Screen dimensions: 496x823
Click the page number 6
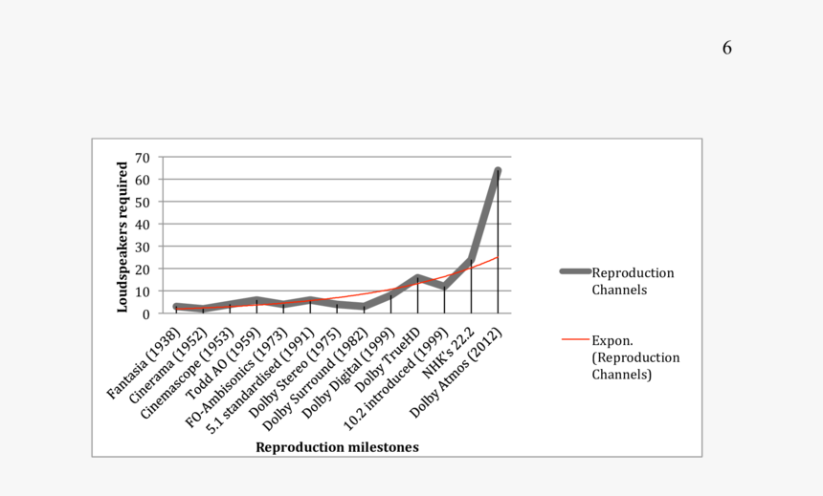pyautogui.click(x=727, y=48)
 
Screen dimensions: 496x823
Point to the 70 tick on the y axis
pyautogui.click(x=142, y=157)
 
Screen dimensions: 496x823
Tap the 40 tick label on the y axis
pyautogui.click(x=142, y=224)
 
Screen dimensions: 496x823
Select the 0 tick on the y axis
pyautogui.click(x=146, y=313)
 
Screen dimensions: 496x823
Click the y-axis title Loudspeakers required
pyautogui.click(x=122, y=236)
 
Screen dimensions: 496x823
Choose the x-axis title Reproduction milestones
pyautogui.click(x=337, y=447)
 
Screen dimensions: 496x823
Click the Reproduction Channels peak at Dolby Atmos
pyautogui.click(x=498, y=171)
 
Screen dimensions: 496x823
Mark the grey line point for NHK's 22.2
pyautogui.click(x=471, y=260)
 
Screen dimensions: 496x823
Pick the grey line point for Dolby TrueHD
pyautogui.click(x=417, y=278)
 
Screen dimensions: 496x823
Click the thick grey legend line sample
pyautogui.click(x=575, y=272)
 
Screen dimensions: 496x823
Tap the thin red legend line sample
pyautogui.click(x=575, y=339)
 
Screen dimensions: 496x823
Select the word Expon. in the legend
pyautogui.click(x=611, y=340)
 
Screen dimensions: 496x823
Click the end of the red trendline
pyautogui.click(x=498, y=256)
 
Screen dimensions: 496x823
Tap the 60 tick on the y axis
pyautogui.click(x=142, y=180)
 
